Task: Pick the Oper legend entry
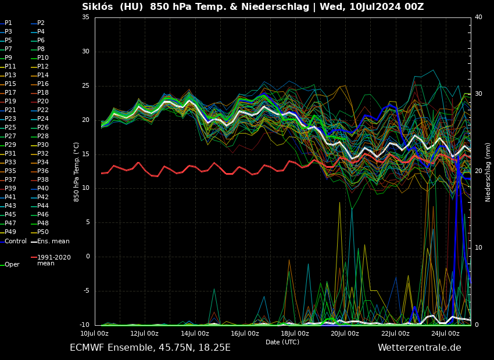12,264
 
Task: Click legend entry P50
42,232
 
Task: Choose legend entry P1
8,23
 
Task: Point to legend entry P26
42,128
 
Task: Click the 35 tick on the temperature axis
85,17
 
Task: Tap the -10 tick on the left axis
84,325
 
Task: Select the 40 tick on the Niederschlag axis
478,17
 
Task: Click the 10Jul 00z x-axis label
94,333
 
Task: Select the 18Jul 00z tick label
295,333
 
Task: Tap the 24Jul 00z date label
445,333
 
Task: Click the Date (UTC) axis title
282,343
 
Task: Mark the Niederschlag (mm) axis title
488,172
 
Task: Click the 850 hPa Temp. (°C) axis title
77,172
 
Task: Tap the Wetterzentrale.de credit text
419,348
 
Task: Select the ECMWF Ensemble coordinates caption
150,348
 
